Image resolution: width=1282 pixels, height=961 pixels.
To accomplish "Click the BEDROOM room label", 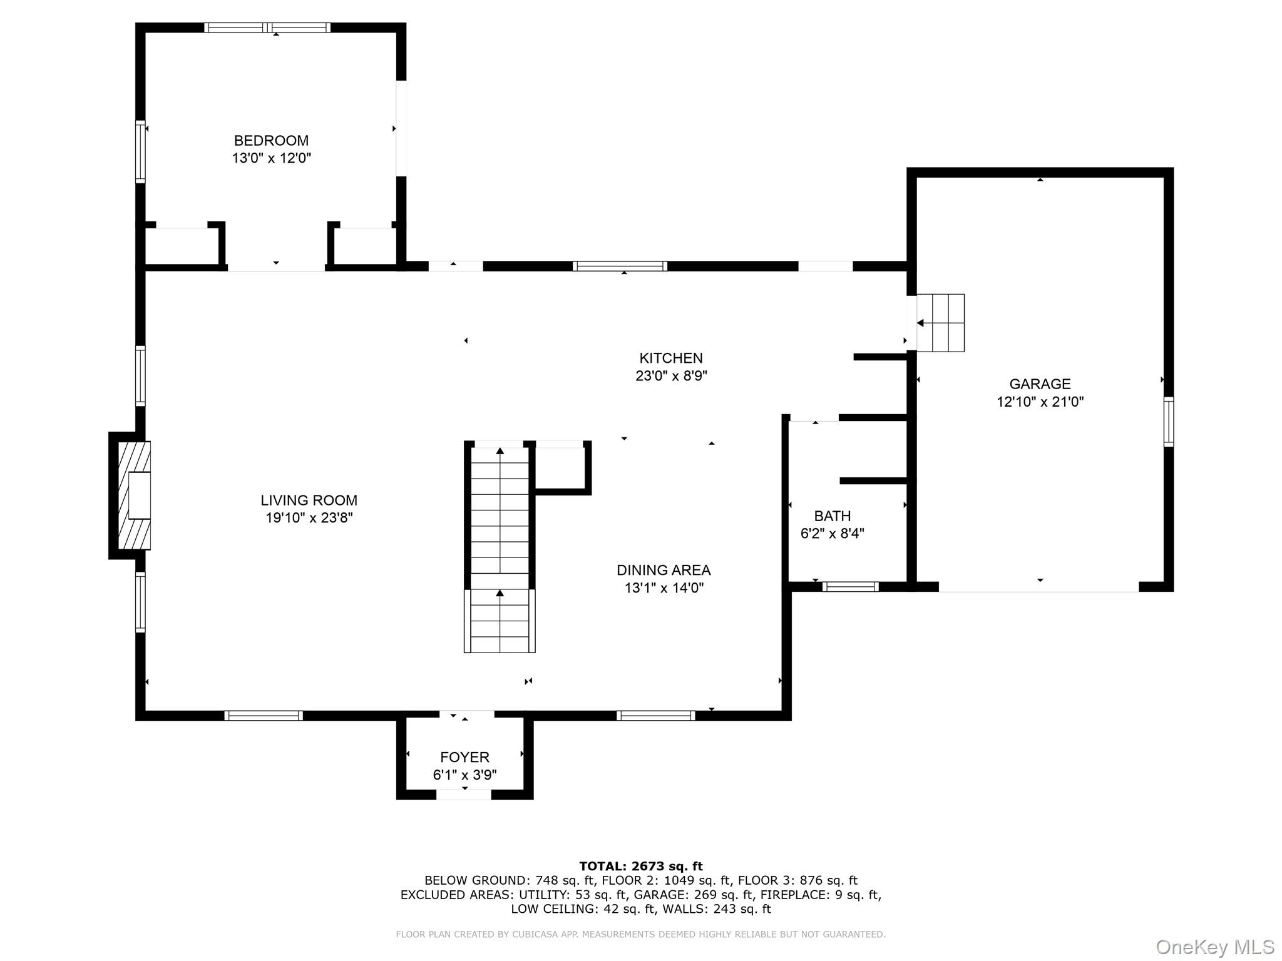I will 271,141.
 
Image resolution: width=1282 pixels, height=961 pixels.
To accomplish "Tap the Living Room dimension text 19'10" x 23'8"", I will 309,518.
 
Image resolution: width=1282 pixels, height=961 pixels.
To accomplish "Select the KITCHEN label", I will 670,358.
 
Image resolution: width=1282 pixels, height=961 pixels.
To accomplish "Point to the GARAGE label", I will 1040,384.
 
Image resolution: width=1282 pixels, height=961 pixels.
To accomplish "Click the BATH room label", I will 832,516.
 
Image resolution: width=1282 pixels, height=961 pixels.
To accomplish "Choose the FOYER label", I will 464,758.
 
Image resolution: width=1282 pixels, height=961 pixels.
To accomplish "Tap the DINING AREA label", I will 664,571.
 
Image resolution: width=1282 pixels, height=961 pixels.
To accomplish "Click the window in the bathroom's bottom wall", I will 850,587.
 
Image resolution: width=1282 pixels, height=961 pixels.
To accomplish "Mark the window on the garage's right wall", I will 1168,422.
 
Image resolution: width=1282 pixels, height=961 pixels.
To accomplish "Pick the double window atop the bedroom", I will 268,28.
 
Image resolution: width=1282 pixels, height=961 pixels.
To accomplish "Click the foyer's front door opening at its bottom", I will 463,795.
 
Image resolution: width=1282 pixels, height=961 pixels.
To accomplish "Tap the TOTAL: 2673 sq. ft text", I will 640,867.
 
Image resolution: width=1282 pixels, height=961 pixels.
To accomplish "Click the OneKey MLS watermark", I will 1214,947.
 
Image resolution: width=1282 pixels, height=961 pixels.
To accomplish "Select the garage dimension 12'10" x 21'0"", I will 1040,402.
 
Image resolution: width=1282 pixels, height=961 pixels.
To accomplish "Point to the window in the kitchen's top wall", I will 620,267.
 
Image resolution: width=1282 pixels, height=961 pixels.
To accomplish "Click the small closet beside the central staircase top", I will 561,467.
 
